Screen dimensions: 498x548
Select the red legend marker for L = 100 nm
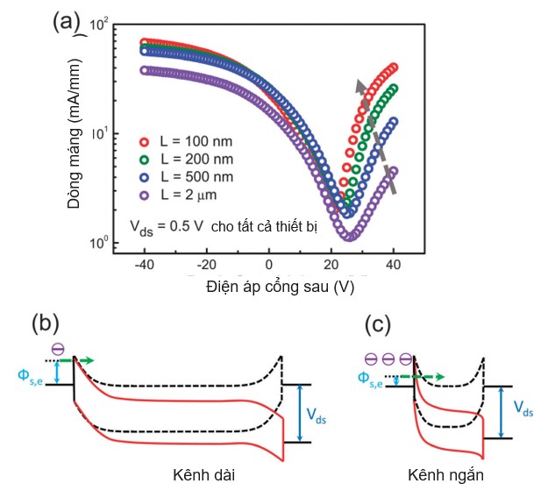146,141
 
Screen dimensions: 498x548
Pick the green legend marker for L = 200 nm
146,159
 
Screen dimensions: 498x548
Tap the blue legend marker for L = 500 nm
146,176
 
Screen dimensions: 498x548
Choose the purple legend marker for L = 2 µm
146,194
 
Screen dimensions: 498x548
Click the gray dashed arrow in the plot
375,136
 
